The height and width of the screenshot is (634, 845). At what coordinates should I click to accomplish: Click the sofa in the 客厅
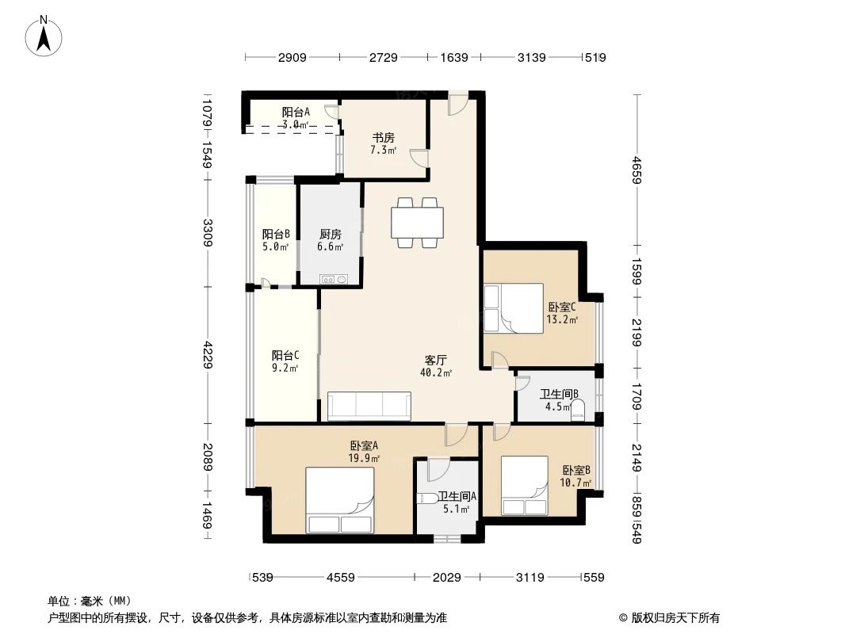tap(369, 405)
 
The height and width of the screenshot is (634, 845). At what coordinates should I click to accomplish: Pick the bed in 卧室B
tap(525, 487)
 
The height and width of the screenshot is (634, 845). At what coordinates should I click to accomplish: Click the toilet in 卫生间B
tap(578, 410)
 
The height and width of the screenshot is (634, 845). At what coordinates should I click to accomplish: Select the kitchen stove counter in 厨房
tap(334, 279)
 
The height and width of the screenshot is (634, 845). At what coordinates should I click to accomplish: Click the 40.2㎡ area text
tap(436, 373)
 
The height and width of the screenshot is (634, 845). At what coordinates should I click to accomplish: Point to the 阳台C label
tap(285, 355)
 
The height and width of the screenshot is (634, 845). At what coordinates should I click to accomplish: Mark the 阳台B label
tap(275, 235)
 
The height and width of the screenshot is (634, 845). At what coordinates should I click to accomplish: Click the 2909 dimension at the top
tap(292, 57)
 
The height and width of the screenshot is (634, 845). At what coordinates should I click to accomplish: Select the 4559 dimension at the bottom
tap(342, 578)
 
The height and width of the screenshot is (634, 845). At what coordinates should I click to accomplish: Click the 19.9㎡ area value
tap(364, 458)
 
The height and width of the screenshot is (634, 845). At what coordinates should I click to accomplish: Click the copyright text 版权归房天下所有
tap(668, 617)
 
